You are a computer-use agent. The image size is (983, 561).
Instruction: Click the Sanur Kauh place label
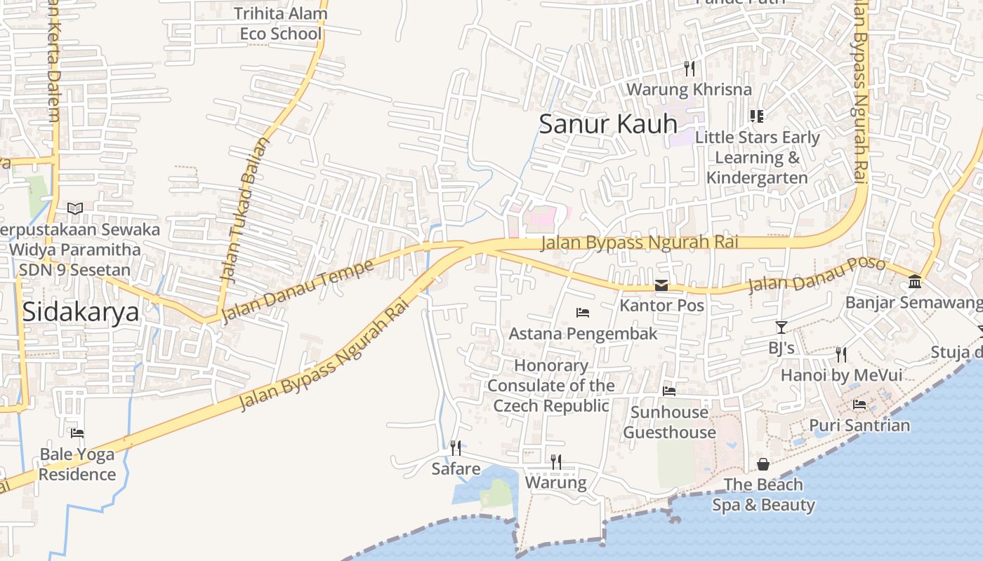pyautogui.click(x=608, y=124)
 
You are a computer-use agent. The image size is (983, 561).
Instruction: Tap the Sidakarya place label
pyautogui.click(x=80, y=312)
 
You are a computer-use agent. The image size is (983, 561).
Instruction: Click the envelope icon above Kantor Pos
pyautogui.click(x=661, y=285)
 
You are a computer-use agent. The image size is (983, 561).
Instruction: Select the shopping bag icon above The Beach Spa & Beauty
pyautogui.click(x=763, y=464)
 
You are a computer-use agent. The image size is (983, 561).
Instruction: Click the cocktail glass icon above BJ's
pyautogui.click(x=781, y=327)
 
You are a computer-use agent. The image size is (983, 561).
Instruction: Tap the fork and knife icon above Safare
pyautogui.click(x=456, y=447)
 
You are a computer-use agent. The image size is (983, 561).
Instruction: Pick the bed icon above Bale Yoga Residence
pyautogui.click(x=77, y=433)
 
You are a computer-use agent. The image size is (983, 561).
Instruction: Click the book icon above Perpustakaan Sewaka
pyautogui.click(x=75, y=209)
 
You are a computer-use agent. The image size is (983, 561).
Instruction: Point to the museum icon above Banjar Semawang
pyautogui.click(x=915, y=282)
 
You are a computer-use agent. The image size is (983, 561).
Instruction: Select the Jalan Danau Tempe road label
pyautogui.click(x=298, y=292)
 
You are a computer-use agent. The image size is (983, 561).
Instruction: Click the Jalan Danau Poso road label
pyautogui.click(x=817, y=275)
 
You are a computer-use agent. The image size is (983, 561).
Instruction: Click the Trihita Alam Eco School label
pyautogui.click(x=281, y=23)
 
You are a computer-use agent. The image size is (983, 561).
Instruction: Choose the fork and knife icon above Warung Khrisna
pyautogui.click(x=690, y=69)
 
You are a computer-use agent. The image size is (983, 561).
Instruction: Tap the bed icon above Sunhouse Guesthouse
pyautogui.click(x=669, y=391)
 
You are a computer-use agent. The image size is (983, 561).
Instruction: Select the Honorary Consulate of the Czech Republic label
pyautogui.click(x=551, y=386)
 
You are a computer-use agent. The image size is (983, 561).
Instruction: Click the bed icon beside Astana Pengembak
pyautogui.click(x=582, y=313)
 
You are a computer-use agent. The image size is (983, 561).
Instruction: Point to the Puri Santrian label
pyautogui.click(x=859, y=425)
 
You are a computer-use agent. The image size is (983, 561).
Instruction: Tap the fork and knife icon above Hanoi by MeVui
pyautogui.click(x=841, y=355)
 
